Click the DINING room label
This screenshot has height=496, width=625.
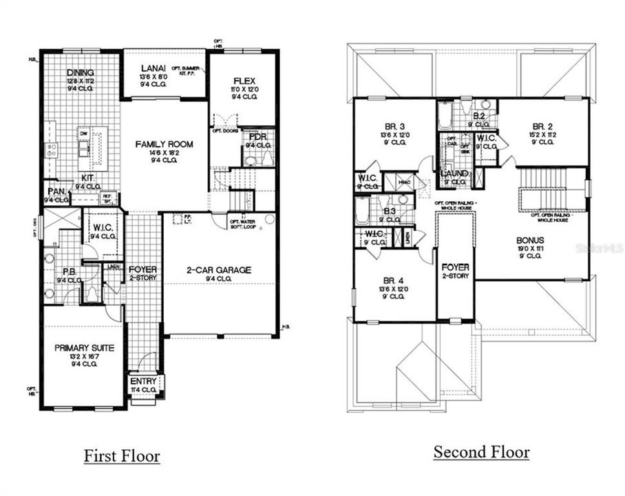(x=81, y=72)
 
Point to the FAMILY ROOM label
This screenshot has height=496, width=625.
(x=163, y=144)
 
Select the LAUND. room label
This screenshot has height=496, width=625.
(x=454, y=174)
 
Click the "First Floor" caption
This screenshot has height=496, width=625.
(x=122, y=456)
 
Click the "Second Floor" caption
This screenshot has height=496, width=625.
(x=481, y=453)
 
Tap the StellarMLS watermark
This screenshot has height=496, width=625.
(x=599, y=245)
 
